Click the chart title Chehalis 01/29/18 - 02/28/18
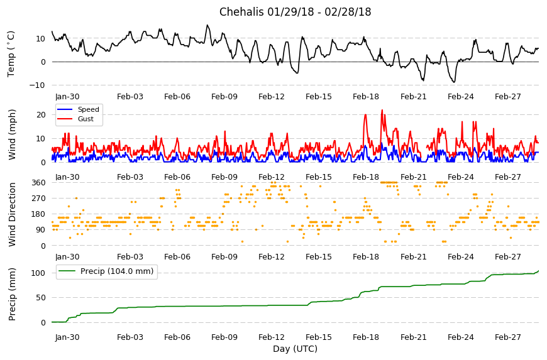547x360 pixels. point(295,12)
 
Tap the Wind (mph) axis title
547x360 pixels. point(12,134)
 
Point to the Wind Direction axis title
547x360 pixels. point(12,214)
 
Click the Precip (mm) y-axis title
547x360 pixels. point(12,294)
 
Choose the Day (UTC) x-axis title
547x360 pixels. point(295,349)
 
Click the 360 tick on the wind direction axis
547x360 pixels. point(38,183)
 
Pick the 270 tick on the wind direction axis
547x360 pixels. point(38,199)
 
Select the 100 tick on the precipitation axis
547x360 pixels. point(38,273)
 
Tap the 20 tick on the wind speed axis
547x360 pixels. point(40,115)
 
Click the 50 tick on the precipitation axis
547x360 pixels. point(40,298)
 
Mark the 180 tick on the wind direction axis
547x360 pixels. point(38,214)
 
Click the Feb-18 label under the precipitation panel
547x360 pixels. point(366,337)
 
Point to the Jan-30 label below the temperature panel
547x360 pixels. point(67,97)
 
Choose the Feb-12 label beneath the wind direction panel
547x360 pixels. point(272,257)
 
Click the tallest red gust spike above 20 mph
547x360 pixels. point(382,111)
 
